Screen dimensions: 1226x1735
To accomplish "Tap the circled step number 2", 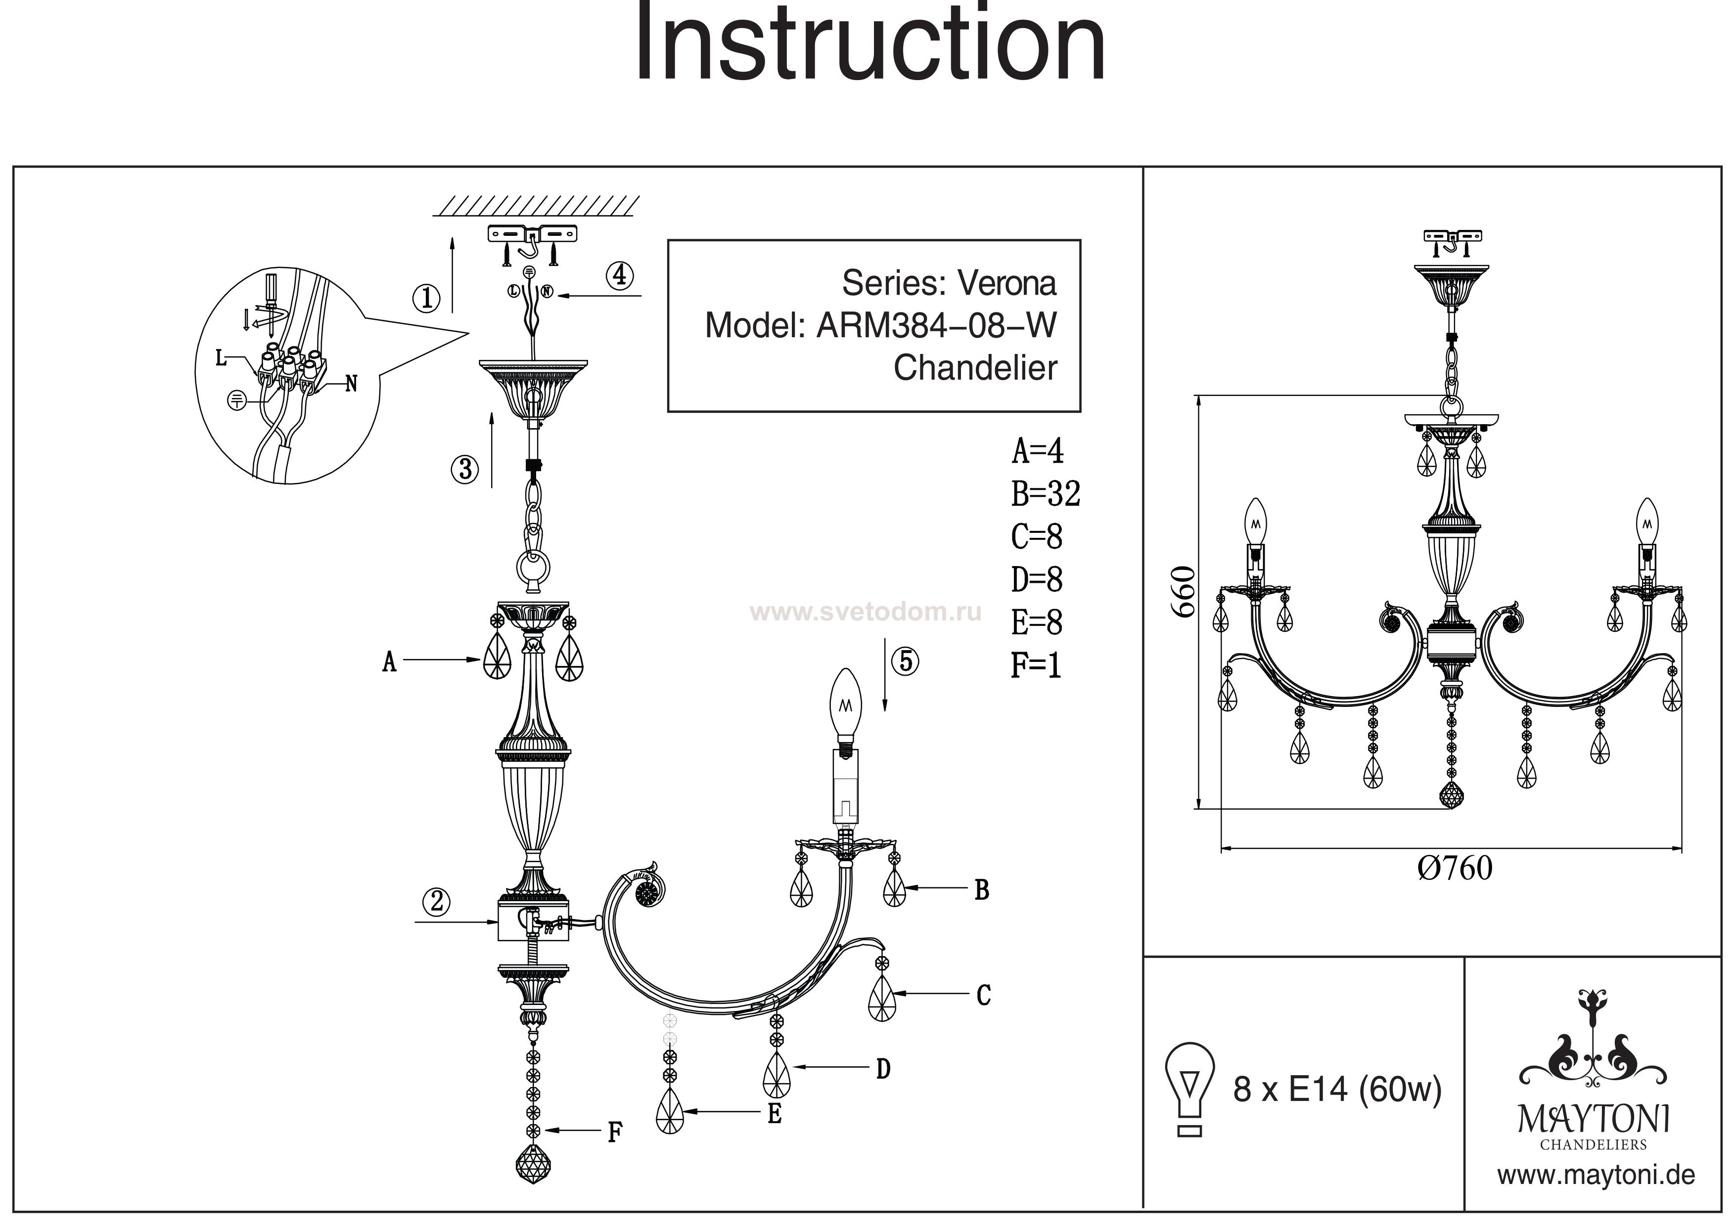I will [437, 901].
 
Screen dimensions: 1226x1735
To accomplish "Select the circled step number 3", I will [465, 469].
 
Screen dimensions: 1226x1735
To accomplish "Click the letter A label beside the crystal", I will [389, 662].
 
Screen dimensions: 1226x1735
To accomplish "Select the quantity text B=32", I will [1046, 494].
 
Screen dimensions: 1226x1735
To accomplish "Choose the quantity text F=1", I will [1036, 665].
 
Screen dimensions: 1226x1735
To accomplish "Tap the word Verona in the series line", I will [1007, 283].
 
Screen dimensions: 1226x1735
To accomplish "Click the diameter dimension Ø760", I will [1455, 868].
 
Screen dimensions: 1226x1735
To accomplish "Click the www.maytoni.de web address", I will [1596, 1176].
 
